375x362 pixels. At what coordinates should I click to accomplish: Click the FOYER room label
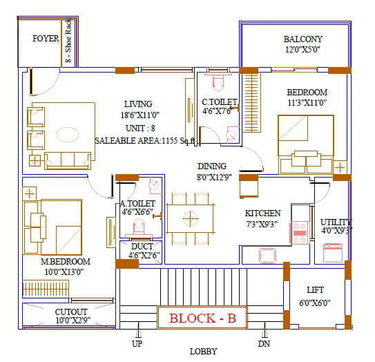pos(46,39)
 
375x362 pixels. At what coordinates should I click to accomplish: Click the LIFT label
pos(315,290)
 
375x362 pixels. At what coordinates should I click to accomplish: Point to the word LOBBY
pos(204,352)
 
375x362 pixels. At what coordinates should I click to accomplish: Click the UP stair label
pos(136,343)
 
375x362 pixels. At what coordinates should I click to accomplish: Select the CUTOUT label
pos(71,312)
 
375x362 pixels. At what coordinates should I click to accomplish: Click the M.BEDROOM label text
pos(66,262)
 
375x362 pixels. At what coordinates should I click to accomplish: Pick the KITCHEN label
pos(262,213)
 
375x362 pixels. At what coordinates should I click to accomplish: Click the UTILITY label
pos(336,222)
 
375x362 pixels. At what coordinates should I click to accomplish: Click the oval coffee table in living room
pos(68,134)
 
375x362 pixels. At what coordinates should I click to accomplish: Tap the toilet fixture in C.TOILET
pos(219,84)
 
